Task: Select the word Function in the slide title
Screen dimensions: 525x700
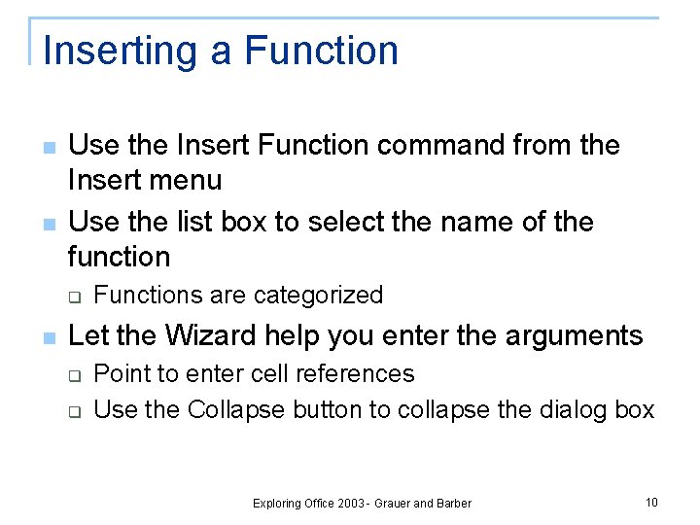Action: (x=321, y=51)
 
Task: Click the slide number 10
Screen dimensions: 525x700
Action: (x=651, y=502)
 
